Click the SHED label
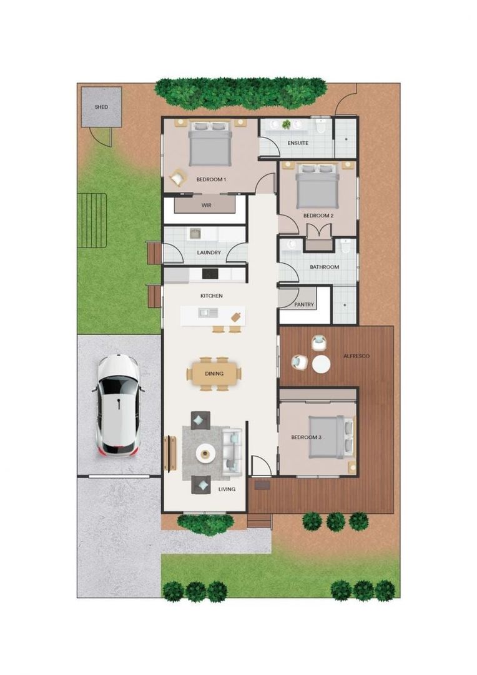point(101,107)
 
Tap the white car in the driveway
point(118,404)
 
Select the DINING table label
point(214,374)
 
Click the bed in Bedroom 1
point(210,143)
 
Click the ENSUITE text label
point(298,143)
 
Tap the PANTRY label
point(304,305)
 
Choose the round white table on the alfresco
point(321,364)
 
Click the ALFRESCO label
point(357,356)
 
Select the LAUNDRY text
point(209,252)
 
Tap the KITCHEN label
point(211,296)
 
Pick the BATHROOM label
point(324,267)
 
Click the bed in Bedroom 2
point(318,186)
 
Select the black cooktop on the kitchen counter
point(210,273)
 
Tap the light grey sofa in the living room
point(232,451)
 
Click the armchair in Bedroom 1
point(178,178)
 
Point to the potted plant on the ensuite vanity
point(287,124)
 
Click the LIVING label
point(227,489)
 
